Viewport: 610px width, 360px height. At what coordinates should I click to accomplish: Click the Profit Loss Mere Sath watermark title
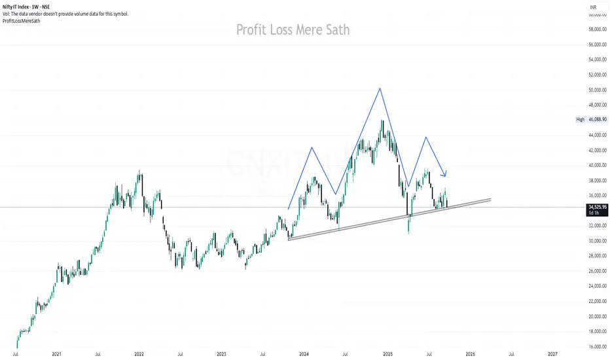(293, 30)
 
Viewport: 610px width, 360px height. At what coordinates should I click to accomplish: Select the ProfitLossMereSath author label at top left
(21, 20)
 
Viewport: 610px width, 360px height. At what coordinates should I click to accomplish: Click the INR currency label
(594, 7)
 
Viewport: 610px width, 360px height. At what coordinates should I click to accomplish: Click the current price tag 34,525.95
(596, 207)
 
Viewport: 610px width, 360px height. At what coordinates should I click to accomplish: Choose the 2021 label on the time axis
(56, 354)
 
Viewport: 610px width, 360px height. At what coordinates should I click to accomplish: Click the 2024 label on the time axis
(304, 354)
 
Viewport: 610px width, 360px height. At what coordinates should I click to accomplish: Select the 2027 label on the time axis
(552, 354)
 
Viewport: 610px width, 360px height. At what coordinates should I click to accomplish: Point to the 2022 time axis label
(139, 354)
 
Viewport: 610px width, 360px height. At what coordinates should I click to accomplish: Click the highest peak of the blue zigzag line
(380, 88)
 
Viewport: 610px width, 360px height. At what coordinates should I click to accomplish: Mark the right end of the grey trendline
(490, 199)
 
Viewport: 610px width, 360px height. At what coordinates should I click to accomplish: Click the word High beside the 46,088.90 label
(579, 120)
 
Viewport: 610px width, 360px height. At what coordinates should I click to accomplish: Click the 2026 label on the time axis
(470, 354)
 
